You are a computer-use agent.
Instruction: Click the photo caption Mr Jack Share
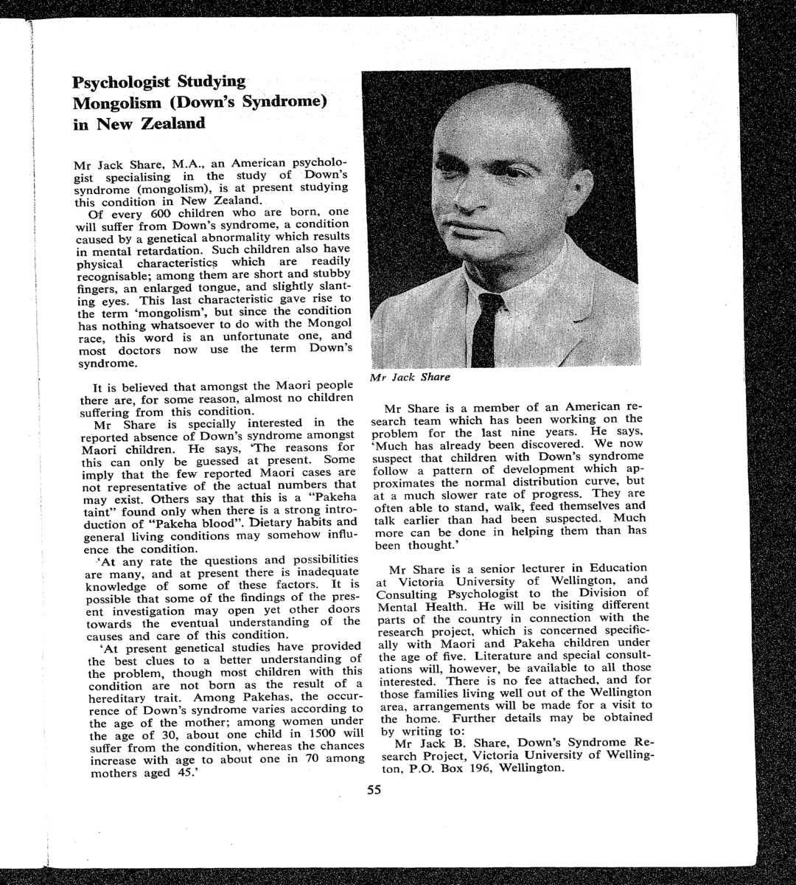point(411,377)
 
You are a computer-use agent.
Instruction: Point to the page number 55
point(374,791)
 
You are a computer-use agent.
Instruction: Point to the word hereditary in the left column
point(121,697)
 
